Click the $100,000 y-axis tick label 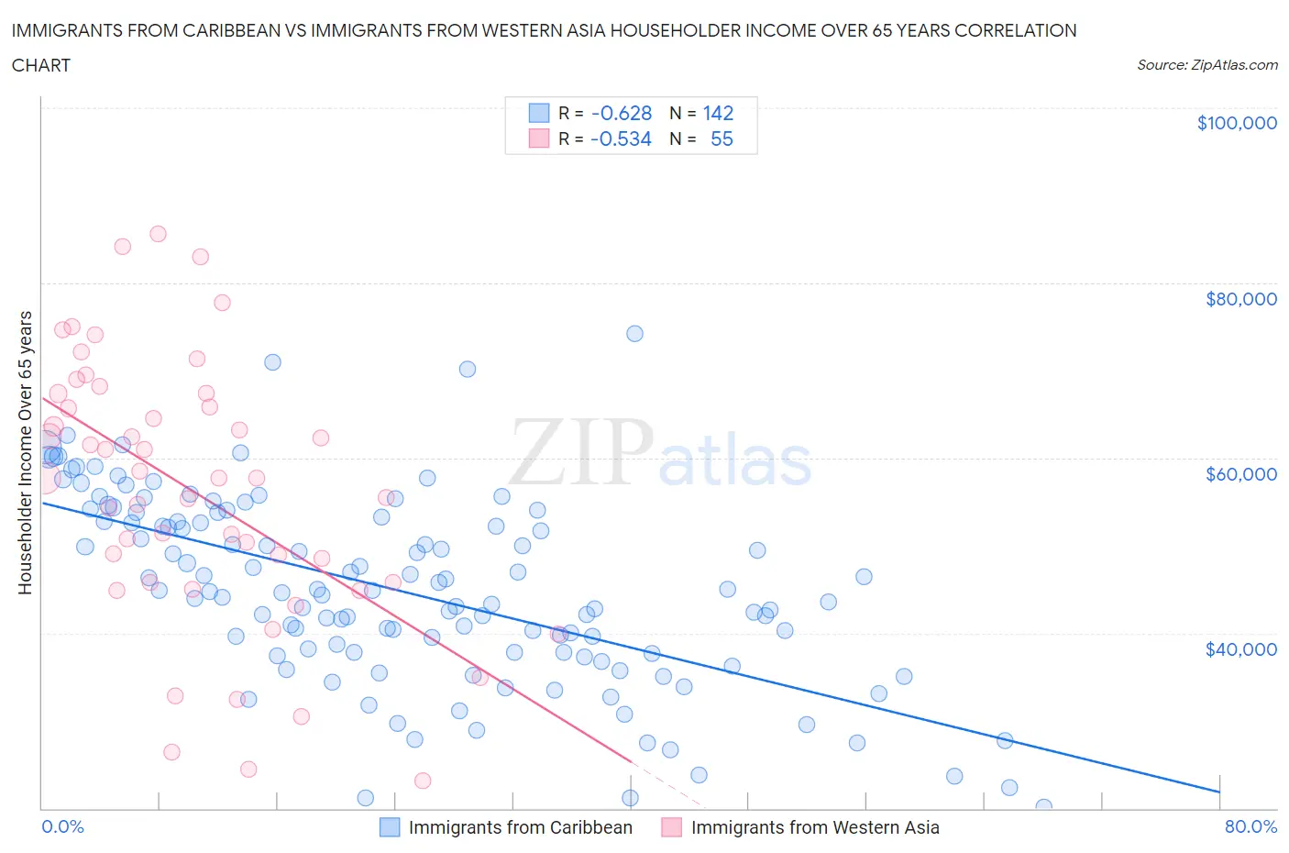[x=1236, y=123]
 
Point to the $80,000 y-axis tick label [x=1240, y=299]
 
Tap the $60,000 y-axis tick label [x=1240, y=474]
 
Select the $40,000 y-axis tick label [x=1240, y=649]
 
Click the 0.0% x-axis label [x=62, y=826]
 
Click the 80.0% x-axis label [x=1250, y=826]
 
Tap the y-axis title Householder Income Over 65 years [x=25, y=452]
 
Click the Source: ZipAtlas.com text [x=1206, y=64]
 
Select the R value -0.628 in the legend [x=621, y=113]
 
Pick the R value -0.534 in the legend [x=621, y=138]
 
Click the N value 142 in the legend [x=718, y=113]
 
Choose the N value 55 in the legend [x=722, y=138]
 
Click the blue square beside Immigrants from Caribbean [x=390, y=827]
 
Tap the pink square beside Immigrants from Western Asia [x=672, y=827]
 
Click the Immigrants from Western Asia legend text [x=814, y=827]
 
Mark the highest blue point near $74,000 [x=634, y=333]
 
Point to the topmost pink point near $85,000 [x=158, y=234]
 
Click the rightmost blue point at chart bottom [x=1043, y=807]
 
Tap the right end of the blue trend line [x=1219, y=791]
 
